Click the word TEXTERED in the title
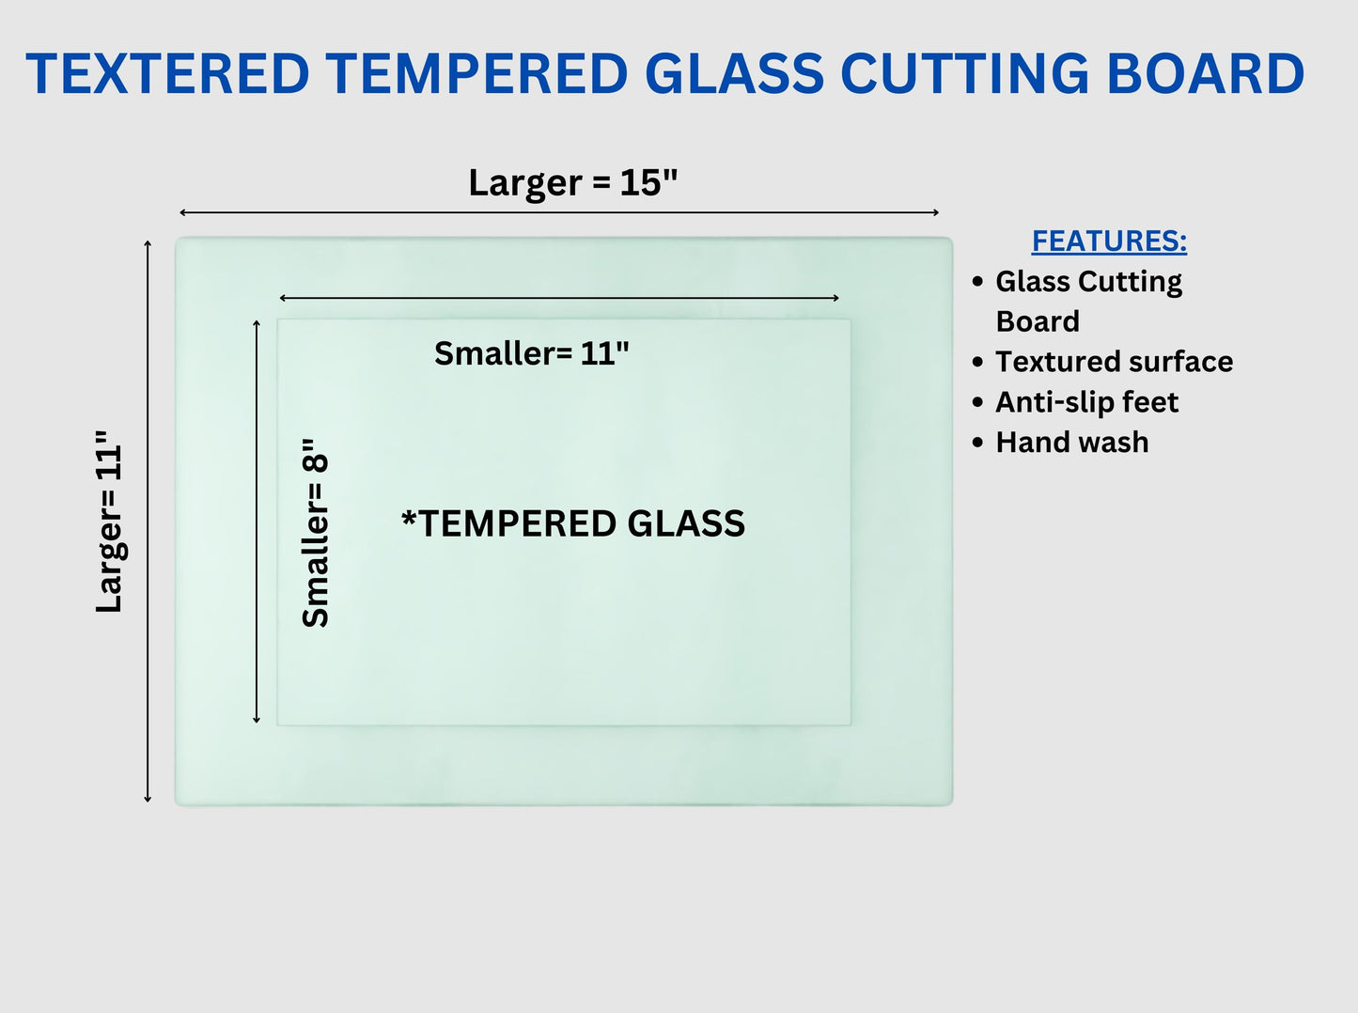coord(167,73)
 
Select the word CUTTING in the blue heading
coord(964,73)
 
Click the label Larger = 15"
coord(573,183)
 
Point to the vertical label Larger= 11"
coord(110,522)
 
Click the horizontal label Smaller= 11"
coord(531,353)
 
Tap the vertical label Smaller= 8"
coord(315,533)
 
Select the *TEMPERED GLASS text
coord(573,523)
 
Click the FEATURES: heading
coord(1109,242)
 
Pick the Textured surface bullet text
coord(1115,362)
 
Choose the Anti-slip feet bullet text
coord(1087,402)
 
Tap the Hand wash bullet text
coord(1072,443)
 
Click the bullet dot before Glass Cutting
coord(977,282)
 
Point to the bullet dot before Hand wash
coord(977,443)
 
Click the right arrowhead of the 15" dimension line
coord(937,212)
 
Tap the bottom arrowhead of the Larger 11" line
coord(148,801)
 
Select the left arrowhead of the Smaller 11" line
coord(282,298)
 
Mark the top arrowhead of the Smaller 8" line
coord(257,323)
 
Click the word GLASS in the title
coord(734,73)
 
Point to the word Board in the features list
coord(1038,321)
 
